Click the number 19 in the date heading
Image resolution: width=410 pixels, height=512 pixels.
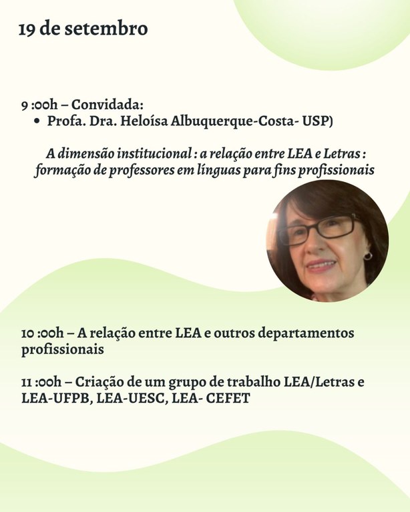pos(27,29)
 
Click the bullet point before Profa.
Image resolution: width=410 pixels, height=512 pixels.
pos(37,122)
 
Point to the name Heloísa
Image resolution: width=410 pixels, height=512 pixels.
pos(140,122)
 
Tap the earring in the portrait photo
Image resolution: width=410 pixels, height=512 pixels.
pos(367,256)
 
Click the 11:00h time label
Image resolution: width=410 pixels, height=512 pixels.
pos(41,383)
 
